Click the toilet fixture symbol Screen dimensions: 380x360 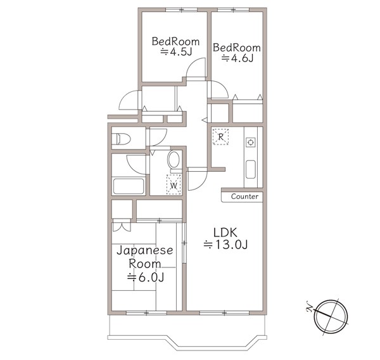point(123,139)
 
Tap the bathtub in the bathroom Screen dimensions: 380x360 point(129,186)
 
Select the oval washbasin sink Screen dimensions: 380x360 point(174,160)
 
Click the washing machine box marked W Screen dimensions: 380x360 point(174,184)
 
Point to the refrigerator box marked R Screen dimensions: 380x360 point(220,137)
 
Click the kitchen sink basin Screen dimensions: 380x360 point(251,169)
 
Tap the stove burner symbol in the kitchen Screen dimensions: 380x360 point(251,142)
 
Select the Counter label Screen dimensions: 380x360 point(244,196)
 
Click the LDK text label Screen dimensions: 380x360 point(225,233)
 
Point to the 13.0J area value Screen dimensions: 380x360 point(225,245)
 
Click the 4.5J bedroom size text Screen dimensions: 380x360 point(176,52)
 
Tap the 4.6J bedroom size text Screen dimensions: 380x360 point(237,58)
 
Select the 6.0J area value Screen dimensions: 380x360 point(146,277)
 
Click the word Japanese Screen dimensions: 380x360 point(145,250)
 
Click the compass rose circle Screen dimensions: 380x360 point(331,317)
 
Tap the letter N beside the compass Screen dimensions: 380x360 point(310,306)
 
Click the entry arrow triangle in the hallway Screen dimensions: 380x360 point(204,120)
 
